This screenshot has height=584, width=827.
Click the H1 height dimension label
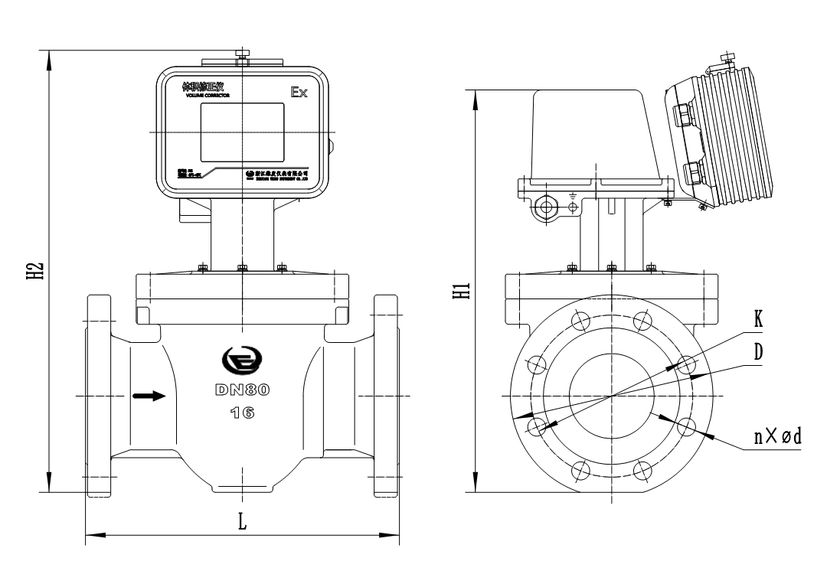point(460,291)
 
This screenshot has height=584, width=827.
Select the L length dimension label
point(243,521)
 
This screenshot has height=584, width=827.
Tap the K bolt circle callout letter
point(757,319)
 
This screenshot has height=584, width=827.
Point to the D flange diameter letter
point(757,353)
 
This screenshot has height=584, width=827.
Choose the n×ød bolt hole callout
point(776,437)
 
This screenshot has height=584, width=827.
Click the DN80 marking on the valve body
point(242,390)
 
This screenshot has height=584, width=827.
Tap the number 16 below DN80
point(242,413)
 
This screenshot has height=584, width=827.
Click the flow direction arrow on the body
point(148,396)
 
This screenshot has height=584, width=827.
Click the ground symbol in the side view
point(573,196)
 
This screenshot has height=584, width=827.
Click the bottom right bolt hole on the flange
point(643,470)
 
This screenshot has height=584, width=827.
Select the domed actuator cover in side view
point(596,134)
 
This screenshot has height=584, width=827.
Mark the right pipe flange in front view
point(385,395)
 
